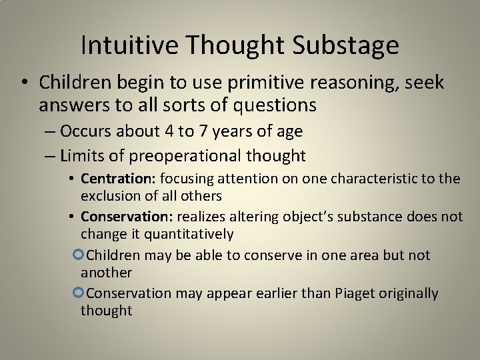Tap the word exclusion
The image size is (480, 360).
tap(109, 196)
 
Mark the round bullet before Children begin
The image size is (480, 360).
tap(24, 83)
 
